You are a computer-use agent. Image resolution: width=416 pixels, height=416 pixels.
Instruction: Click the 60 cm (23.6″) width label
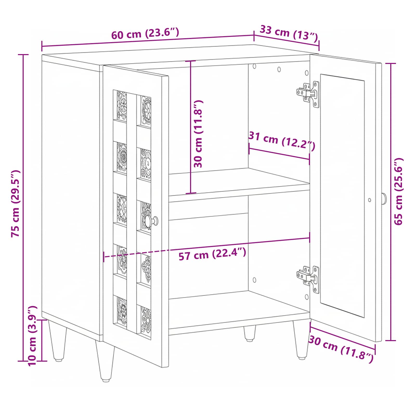pyautogui.click(x=145, y=34)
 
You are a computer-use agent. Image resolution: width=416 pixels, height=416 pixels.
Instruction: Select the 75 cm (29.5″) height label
pyautogui.click(x=16, y=204)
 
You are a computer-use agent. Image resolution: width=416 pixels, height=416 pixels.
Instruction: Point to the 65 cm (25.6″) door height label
pyautogui.click(x=398, y=191)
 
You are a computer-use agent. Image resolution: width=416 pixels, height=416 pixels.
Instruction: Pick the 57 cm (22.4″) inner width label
pyautogui.click(x=212, y=254)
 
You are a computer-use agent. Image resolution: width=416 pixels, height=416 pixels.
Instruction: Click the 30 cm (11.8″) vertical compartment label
pyautogui.click(x=198, y=134)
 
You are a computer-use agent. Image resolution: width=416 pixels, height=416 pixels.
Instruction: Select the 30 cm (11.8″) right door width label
pyautogui.click(x=341, y=349)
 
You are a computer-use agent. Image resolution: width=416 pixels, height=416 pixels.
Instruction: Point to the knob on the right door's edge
pyautogui.click(x=384, y=199)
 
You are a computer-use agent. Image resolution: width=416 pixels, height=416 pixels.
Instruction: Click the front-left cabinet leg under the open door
pyautogui.click(x=105, y=362)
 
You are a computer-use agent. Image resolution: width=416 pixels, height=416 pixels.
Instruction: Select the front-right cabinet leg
pyautogui.click(x=302, y=340)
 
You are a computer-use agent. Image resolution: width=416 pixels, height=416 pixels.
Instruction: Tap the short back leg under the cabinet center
pyautogui.click(x=250, y=333)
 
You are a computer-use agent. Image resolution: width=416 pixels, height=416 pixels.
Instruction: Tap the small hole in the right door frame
pyautogui.click(x=369, y=200)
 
